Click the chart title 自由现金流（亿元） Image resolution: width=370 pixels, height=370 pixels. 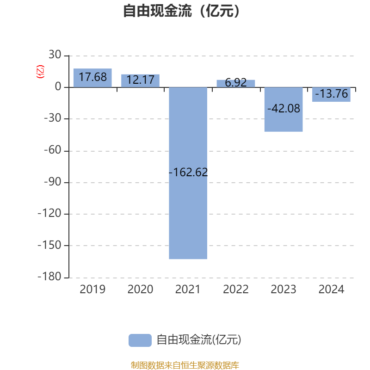(x=181, y=11)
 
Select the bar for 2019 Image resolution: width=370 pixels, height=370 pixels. (x=92, y=78)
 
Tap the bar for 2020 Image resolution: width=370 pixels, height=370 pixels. (x=141, y=80)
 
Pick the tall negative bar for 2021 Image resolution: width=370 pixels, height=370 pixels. (x=188, y=173)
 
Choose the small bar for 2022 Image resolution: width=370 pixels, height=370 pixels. (x=236, y=84)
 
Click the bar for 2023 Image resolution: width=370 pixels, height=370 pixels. (x=284, y=110)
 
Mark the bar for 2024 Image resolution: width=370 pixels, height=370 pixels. (x=331, y=94)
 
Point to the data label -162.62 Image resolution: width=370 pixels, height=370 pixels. (x=188, y=172)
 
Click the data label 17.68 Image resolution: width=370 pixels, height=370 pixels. (x=93, y=77)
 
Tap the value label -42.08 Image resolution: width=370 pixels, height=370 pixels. (x=284, y=109)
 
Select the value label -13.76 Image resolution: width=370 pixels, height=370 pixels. (x=332, y=93)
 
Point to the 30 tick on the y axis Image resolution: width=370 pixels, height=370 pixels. (x=55, y=55)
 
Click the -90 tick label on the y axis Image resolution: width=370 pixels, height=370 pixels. (x=53, y=182)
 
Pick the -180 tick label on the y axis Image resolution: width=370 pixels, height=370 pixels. (x=49, y=277)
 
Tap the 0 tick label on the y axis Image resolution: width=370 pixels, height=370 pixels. (x=58, y=87)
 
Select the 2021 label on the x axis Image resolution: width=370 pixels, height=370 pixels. (x=188, y=290)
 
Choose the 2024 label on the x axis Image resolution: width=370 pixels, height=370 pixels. (x=331, y=290)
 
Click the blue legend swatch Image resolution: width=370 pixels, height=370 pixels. (x=140, y=340)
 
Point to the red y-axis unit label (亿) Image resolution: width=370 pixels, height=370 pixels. (x=40, y=72)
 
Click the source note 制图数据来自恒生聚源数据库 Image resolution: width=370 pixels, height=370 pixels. (x=185, y=365)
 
